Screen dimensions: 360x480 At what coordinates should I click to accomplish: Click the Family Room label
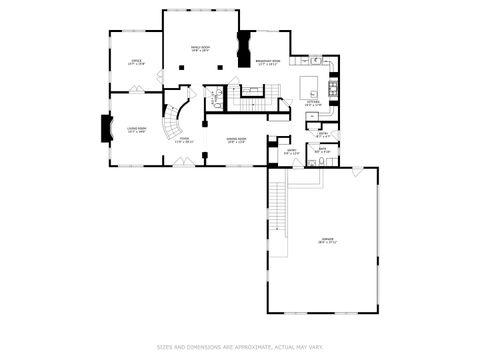click(200, 48)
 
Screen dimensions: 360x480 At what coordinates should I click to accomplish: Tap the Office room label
click(136, 63)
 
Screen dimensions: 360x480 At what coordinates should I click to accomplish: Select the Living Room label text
click(136, 129)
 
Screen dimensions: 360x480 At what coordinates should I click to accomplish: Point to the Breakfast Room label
click(266, 63)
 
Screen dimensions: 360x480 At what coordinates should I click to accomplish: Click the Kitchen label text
click(313, 101)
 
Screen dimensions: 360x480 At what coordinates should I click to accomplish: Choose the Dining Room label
click(236, 140)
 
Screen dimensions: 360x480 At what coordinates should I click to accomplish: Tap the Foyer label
click(184, 140)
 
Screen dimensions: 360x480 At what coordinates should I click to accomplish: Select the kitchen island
click(309, 82)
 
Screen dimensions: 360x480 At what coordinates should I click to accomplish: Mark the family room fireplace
click(242, 49)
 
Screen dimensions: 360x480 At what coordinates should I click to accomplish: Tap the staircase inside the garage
click(278, 205)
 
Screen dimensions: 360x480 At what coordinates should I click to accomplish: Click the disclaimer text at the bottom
click(240, 348)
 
